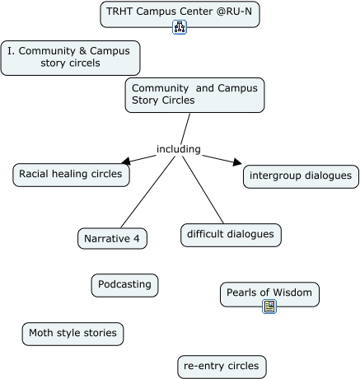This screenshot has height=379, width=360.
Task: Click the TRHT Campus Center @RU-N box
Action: tap(180, 14)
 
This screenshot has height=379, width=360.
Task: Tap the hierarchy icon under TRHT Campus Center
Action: tap(180, 27)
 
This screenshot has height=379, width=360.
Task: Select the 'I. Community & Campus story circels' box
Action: tap(70, 58)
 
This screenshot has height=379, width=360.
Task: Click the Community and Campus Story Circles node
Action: tap(194, 95)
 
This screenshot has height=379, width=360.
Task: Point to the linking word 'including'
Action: tap(179, 149)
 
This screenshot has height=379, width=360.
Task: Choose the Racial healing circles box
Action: tap(71, 175)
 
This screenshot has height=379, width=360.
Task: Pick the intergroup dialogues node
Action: tap(301, 176)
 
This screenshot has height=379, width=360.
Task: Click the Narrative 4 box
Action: tap(112, 238)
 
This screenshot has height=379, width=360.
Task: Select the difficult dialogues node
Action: tap(231, 235)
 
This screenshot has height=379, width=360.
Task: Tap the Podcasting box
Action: tap(124, 285)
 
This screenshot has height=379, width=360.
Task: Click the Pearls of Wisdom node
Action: tap(269, 294)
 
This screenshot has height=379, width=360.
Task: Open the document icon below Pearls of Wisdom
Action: tap(269, 306)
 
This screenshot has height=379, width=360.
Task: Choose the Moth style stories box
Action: tap(72, 334)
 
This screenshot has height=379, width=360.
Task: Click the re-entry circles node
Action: tap(222, 367)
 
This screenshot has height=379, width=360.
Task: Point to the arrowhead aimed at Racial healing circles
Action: tap(126, 161)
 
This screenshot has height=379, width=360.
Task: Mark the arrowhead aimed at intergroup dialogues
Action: tap(237, 162)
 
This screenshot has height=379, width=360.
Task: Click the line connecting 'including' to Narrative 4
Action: tap(147, 192)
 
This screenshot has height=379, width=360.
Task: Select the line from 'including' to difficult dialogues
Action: tap(203, 189)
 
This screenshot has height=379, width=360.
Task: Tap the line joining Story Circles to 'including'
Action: tap(185, 129)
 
